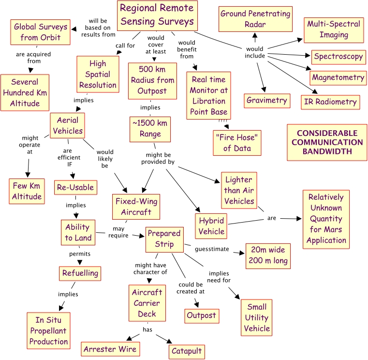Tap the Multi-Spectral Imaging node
(333, 30)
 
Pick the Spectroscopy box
(338, 57)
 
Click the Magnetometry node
(338, 77)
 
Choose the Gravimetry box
(266, 101)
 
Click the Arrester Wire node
(111, 349)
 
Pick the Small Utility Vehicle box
(257, 317)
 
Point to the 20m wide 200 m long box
(268, 256)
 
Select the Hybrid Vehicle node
(212, 225)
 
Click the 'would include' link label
(255, 52)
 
